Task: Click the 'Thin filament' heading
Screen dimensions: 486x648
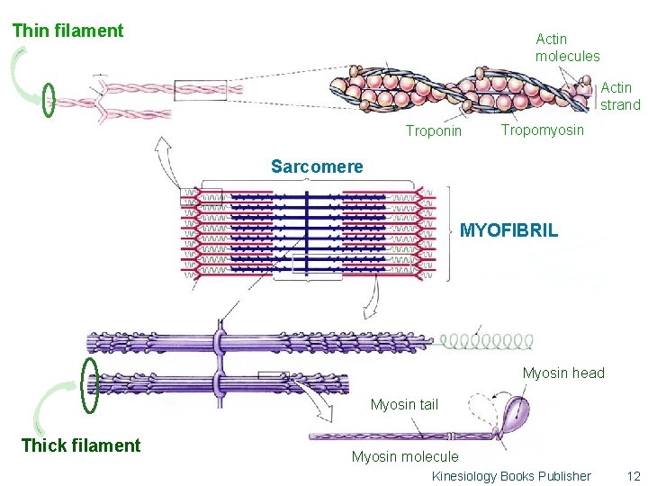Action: (x=67, y=31)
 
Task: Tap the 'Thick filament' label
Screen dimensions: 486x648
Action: (x=81, y=445)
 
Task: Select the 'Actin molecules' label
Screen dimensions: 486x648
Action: (x=567, y=48)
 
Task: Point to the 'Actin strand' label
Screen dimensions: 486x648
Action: (x=620, y=96)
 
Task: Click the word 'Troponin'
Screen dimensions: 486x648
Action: (x=433, y=131)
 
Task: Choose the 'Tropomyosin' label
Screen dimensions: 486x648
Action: (x=542, y=130)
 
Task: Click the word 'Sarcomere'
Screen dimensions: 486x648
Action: (x=317, y=166)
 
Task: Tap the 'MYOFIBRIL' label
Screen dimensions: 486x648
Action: (x=508, y=230)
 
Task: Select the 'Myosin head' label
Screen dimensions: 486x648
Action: (x=563, y=373)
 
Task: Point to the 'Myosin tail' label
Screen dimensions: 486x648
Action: (x=404, y=405)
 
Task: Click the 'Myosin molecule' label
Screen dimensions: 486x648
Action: (x=404, y=457)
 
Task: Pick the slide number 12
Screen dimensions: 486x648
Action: (x=633, y=476)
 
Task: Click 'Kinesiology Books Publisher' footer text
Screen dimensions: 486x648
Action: (x=511, y=476)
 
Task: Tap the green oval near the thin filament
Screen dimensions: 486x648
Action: (x=49, y=100)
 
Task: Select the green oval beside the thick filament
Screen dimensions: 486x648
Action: (x=89, y=385)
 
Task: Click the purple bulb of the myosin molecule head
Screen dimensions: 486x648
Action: (x=517, y=415)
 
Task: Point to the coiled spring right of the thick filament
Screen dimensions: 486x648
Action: (x=486, y=341)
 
